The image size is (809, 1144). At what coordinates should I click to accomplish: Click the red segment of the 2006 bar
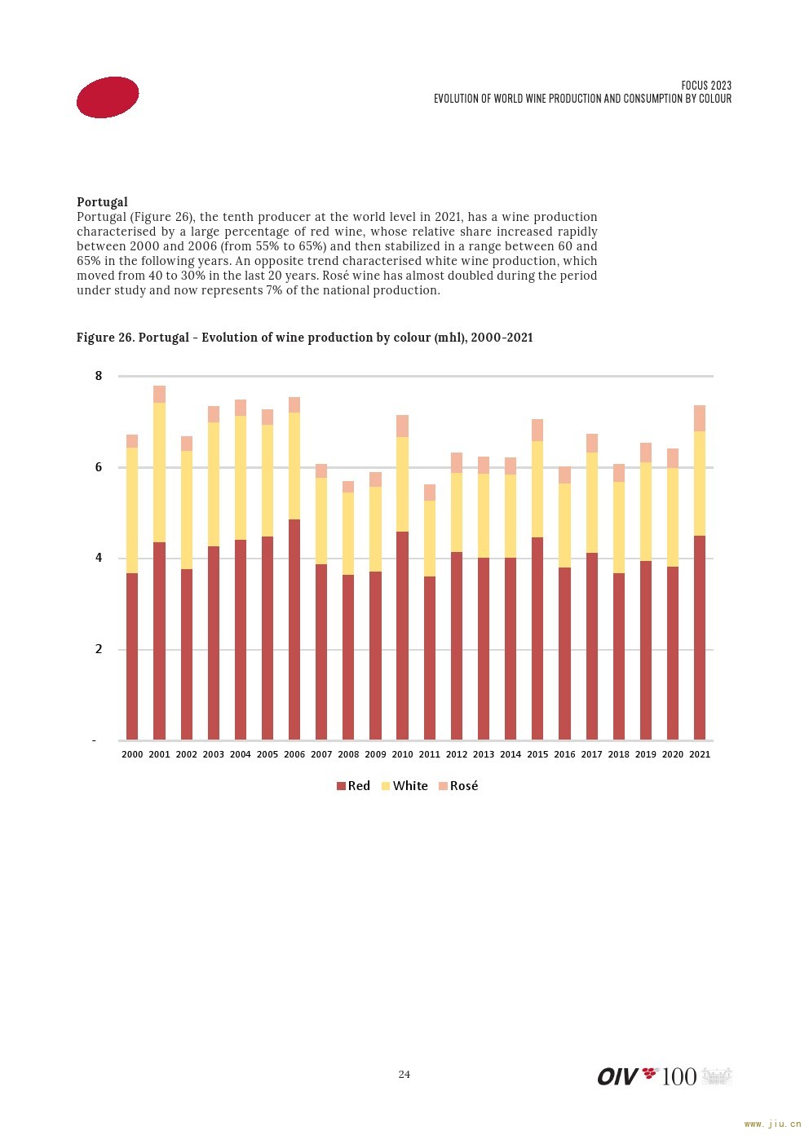pyautogui.click(x=294, y=629)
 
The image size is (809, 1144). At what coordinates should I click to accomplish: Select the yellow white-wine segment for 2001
pyautogui.click(x=159, y=472)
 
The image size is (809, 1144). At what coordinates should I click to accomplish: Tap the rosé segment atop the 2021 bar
pyautogui.click(x=700, y=418)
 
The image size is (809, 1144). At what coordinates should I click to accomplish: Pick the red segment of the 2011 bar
pyautogui.click(x=430, y=658)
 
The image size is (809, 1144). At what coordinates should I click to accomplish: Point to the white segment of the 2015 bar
pyautogui.click(x=537, y=489)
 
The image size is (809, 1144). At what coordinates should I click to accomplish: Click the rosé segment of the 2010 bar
pyautogui.click(x=402, y=426)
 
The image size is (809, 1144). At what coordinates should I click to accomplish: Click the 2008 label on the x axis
pyautogui.click(x=348, y=754)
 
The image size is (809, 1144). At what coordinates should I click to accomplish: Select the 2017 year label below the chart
pyautogui.click(x=591, y=754)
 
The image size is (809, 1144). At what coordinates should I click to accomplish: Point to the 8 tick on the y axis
pyautogui.click(x=99, y=376)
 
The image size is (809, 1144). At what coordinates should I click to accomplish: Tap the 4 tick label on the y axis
pyautogui.click(x=99, y=558)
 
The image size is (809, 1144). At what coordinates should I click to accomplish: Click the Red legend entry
pyautogui.click(x=353, y=786)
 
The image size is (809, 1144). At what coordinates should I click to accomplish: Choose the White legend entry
pyautogui.click(x=404, y=786)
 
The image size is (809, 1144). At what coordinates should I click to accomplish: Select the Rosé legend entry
pyautogui.click(x=458, y=786)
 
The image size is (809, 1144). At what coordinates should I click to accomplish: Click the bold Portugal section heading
pyautogui.click(x=102, y=202)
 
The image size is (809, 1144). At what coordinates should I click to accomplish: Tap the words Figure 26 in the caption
pyautogui.click(x=105, y=338)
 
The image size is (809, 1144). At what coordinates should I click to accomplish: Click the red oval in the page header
pyautogui.click(x=108, y=98)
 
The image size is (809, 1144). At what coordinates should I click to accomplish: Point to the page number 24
pyautogui.click(x=404, y=1075)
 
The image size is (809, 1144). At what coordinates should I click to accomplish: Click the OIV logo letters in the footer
pyautogui.click(x=618, y=1076)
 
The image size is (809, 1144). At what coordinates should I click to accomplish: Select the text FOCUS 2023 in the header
pyautogui.click(x=706, y=86)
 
